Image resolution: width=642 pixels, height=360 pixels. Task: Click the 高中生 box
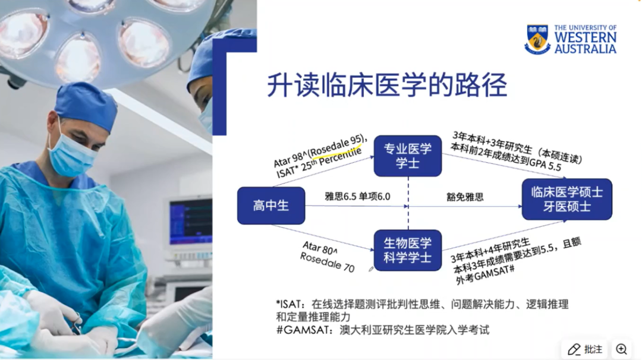pos(271,206)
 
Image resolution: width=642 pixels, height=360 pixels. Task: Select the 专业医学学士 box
pos(408,156)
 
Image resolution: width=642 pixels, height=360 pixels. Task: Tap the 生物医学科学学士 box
pos(408,250)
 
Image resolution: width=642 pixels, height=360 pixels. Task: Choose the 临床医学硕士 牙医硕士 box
pos(567,199)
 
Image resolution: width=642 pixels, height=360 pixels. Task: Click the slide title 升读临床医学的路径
pos(388,85)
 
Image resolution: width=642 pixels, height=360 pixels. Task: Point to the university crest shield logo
pos(537,39)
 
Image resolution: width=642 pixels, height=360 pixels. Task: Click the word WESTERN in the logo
pos(586,37)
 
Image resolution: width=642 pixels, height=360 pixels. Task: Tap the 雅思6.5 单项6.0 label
pos(357,197)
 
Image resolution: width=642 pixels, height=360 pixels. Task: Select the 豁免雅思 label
pos(465,197)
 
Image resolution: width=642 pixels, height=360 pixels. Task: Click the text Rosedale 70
pos(327,262)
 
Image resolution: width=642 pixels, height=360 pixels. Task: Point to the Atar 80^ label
pos(320,248)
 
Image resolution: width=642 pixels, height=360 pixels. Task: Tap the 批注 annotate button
pos(585,349)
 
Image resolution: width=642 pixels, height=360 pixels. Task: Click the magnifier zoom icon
pos(622,349)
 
